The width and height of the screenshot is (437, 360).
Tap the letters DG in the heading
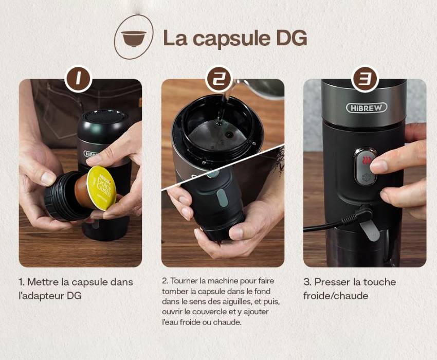point(292,38)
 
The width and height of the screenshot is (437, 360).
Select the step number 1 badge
point(78,78)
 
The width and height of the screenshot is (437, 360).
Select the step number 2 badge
point(219,78)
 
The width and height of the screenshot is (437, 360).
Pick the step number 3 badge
point(365,78)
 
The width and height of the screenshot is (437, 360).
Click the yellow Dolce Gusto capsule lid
point(101,188)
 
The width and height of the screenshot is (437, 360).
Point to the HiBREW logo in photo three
point(367,107)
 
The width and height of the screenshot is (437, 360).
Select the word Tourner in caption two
point(184,280)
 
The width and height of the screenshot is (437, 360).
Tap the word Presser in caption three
point(332,282)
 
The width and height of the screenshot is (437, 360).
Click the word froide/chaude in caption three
point(336,296)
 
